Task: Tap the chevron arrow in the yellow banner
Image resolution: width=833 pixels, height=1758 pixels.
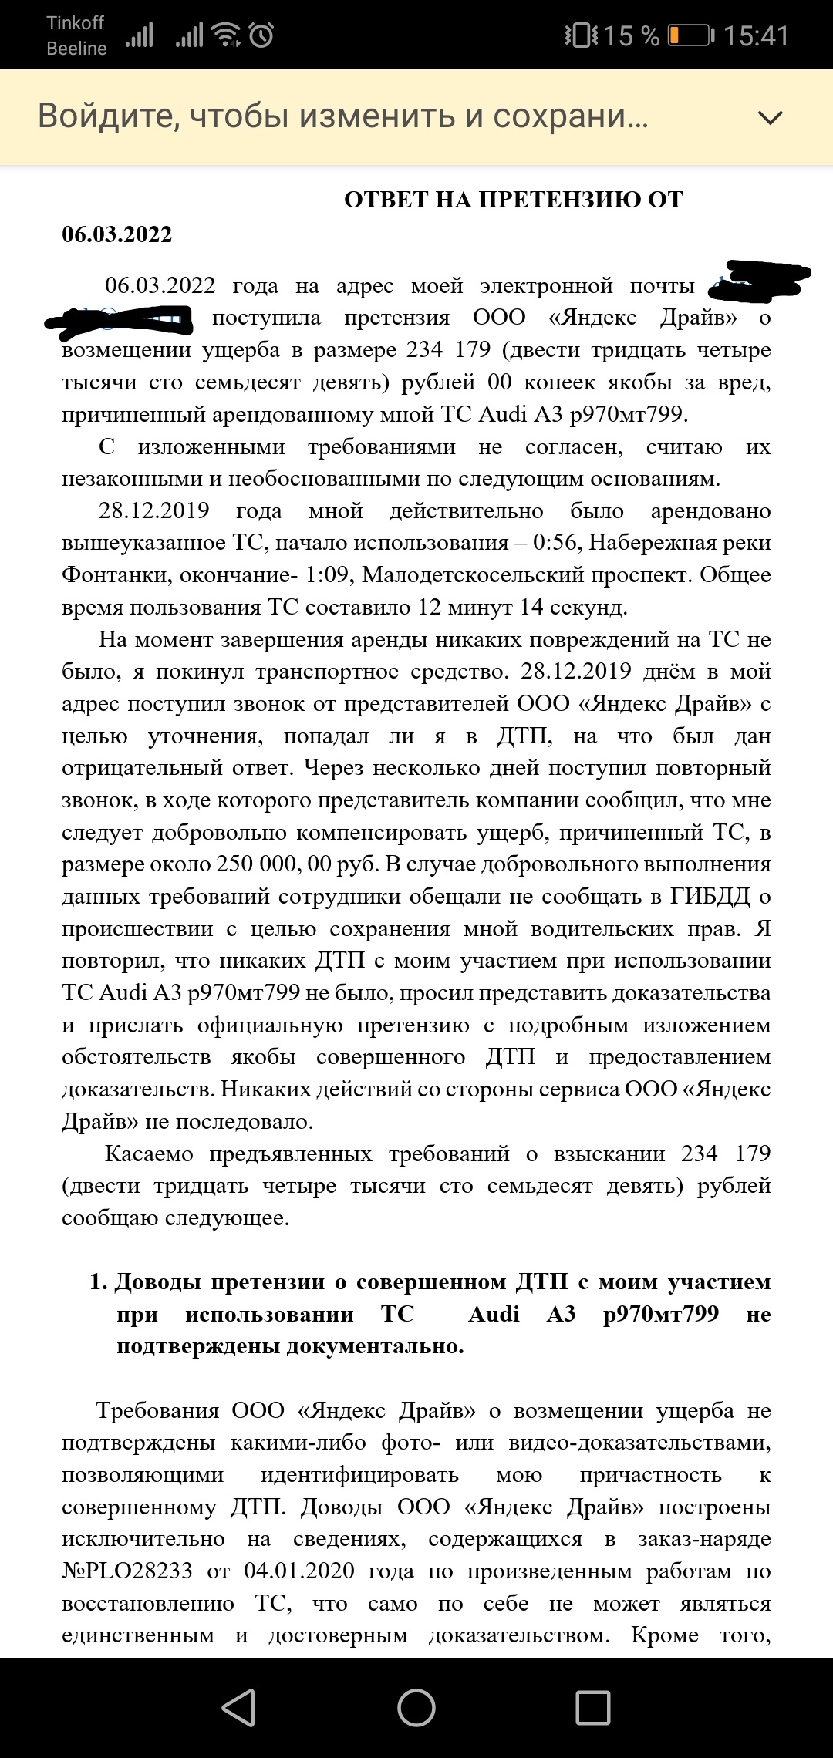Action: [x=770, y=117]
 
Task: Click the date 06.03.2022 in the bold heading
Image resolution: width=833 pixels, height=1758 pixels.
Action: [x=116, y=234]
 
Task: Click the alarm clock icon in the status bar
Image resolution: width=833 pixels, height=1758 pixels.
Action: [x=261, y=35]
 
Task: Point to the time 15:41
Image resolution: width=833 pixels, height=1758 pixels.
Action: [x=756, y=35]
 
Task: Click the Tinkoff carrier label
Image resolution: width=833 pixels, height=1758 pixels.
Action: [x=75, y=23]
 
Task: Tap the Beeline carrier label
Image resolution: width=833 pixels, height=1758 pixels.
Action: [x=76, y=49]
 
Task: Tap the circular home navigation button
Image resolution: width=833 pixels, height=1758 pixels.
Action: [x=416, y=1707]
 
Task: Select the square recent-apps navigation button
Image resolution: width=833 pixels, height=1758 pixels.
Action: [x=593, y=1707]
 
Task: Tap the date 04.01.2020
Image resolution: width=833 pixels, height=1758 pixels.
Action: [x=299, y=1571]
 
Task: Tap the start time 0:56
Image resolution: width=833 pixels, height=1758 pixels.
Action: [x=555, y=542]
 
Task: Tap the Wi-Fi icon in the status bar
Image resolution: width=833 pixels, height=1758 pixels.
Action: [x=227, y=35]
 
